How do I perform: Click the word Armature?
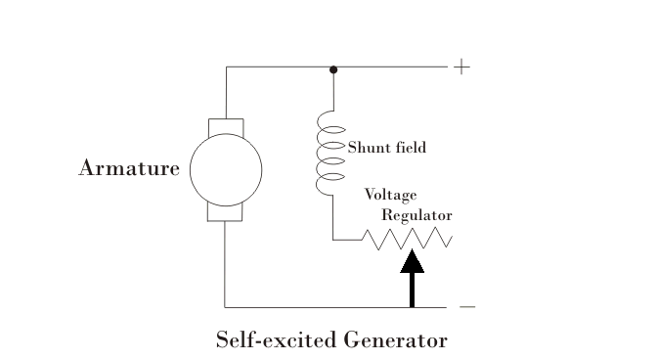[x=128, y=169]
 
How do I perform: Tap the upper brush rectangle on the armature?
[x=226, y=127]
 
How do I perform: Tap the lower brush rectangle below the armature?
[x=226, y=212]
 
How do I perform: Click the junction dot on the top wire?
[x=333, y=69]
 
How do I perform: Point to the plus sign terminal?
[x=461, y=67]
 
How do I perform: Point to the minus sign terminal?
[x=467, y=306]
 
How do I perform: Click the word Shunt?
[x=369, y=148]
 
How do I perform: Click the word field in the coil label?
[x=410, y=148]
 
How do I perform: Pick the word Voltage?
[x=390, y=195]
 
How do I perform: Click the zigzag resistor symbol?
[x=407, y=239]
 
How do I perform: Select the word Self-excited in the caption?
[x=276, y=340]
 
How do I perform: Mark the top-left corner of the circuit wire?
[x=226, y=67]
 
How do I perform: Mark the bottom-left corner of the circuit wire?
[x=226, y=306]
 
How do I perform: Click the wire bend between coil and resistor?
[x=332, y=239]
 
